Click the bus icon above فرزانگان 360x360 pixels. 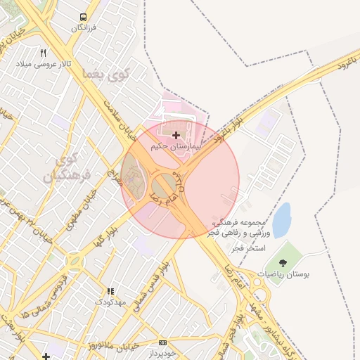click(84, 18)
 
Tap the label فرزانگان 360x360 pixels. click(83, 28)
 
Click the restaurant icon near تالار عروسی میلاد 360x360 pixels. click(44, 53)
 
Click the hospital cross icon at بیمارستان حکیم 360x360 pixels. click(175, 134)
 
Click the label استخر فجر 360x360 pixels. click(252, 249)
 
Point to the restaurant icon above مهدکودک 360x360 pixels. click(110, 291)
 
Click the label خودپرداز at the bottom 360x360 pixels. click(163, 353)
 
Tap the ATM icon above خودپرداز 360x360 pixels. click(163, 343)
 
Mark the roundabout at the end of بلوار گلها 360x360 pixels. click(73, 263)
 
